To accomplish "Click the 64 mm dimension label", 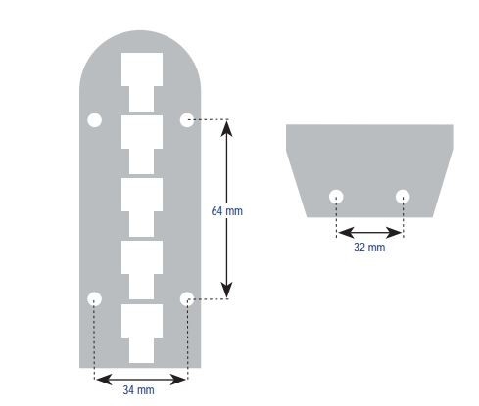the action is [x=227, y=211].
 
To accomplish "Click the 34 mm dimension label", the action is [x=138, y=390].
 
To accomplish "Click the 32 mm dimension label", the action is [x=369, y=248].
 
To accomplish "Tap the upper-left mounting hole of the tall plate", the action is [x=95, y=120].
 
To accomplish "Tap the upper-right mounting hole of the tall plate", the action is [x=187, y=120].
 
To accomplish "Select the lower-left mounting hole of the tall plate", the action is [x=95, y=298].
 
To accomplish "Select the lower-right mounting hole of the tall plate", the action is [x=187, y=298].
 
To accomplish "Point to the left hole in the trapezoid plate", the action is [x=336, y=197].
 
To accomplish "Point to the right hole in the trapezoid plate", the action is [x=403, y=197].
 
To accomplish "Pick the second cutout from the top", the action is [x=142, y=145].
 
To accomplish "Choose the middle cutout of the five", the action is [x=142, y=207].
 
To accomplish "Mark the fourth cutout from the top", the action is [x=142, y=270].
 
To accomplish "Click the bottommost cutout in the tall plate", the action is [x=142, y=334].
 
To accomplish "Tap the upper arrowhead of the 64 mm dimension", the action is [x=227, y=128].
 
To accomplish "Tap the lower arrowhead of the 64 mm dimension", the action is [x=227, y=291].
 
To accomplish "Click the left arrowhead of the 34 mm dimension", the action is [x=105, y=380].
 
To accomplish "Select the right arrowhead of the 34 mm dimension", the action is [x=178, y=380].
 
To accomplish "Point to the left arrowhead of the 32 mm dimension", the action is [x=346, y=233].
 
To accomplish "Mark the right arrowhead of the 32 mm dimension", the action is [x=394, y=233].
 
